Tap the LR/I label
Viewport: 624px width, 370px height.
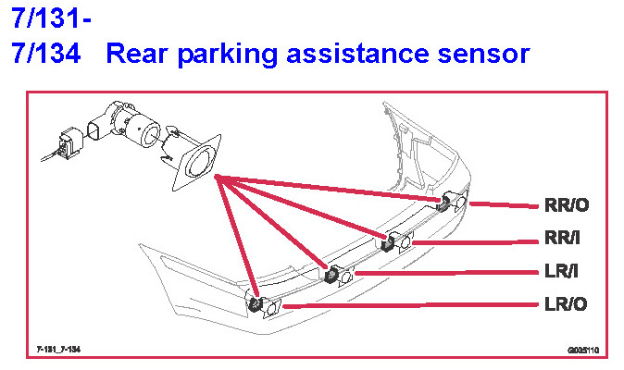tap(563, 272)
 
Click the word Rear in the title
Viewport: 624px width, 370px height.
tap(135, 53)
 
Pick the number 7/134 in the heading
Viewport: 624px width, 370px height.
tap(46, 53)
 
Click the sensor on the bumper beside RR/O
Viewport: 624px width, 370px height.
tap(457, 203)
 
